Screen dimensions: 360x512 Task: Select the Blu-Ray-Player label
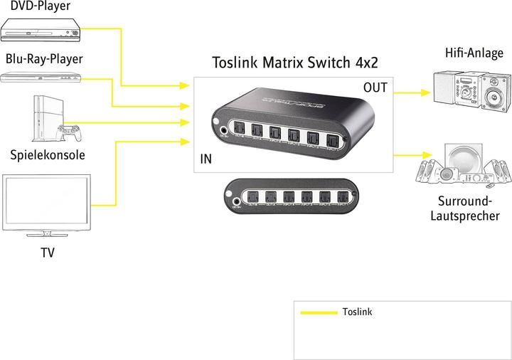tap(44, 58)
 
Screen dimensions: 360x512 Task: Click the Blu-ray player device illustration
tap(41, 77)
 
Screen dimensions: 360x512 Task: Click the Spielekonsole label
tap(48, 154)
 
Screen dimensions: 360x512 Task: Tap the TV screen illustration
tap(47, 203)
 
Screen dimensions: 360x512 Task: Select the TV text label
tap(47, 253)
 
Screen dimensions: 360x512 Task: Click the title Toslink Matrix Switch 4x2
tap(294, 63)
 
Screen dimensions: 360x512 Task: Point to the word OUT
tap(375, 88)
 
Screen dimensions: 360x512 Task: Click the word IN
tap(206, 159)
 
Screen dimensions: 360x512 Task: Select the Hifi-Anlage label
tap(474, 53)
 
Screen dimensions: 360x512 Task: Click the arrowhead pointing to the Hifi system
tap(427, 92)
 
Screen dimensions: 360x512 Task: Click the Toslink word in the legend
tap(357, 312)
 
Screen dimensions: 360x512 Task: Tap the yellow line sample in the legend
tap(318, 312)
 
